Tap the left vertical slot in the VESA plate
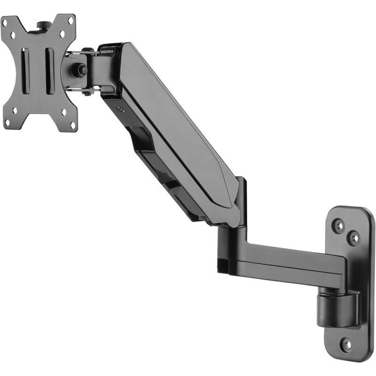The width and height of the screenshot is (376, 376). tap(26, 70)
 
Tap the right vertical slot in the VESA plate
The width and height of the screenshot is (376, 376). tap(48, 70)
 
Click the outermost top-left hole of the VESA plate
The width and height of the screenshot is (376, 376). tap(7, 21)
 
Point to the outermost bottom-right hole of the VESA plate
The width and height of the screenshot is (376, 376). tap(73, 125)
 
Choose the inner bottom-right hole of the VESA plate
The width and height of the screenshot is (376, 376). tap(63, 112)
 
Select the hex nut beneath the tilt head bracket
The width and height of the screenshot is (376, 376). tap(86, 93)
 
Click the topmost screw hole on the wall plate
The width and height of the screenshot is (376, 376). tap(338, 226)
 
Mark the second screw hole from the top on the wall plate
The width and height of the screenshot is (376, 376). tap(353, 238)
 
